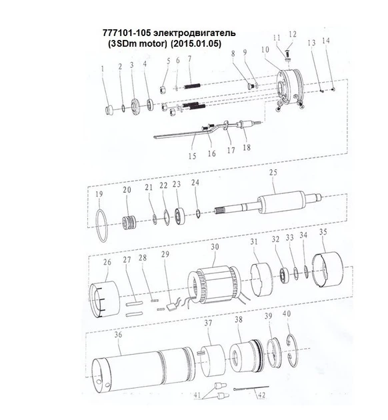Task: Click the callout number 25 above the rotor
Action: point(273,172)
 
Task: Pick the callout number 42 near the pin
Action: point(261,395)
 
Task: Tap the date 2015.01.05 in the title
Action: point(196,43)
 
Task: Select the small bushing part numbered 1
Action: point(109,111)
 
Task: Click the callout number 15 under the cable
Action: point(192,156)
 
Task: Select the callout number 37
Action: point(208,323)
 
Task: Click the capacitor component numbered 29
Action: point(171,307)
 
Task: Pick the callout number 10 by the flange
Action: point(265,50)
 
